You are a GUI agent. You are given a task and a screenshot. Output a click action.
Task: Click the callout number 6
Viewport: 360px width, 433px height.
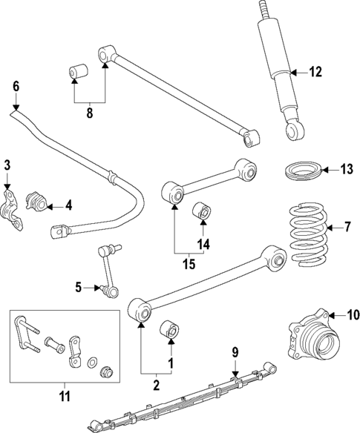click(16, 86)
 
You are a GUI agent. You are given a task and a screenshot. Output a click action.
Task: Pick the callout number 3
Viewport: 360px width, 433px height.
click(7, 164)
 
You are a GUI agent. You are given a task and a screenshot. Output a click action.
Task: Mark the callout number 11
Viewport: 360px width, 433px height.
click(65, 396)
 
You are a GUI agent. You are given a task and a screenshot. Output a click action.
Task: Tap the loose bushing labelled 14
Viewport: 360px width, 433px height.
click(201, 212)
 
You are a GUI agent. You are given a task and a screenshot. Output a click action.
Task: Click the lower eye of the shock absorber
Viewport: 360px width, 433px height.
click(295, 130)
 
